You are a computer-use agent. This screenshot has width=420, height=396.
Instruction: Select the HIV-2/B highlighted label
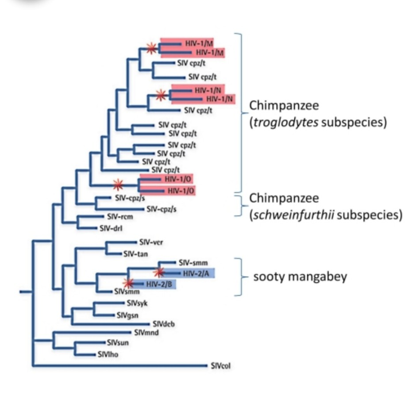point(159,284)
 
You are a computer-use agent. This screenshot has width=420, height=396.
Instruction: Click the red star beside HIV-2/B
point(128,283)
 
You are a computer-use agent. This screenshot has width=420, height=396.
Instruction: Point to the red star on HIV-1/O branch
point(117,184)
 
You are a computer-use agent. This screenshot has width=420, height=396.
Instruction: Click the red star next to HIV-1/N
point(161,94)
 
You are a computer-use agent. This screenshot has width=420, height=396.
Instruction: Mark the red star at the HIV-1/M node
point(151,48)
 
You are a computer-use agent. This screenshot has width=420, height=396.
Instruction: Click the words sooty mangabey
point(300,277)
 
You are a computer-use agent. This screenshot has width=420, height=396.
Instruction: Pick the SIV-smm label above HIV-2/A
point(193,262)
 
